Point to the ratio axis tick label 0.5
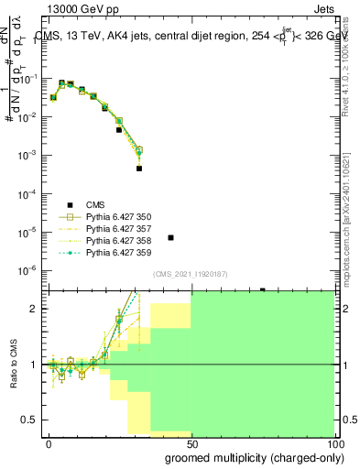coord(29,420)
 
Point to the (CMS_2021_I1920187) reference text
coord(191,275)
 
